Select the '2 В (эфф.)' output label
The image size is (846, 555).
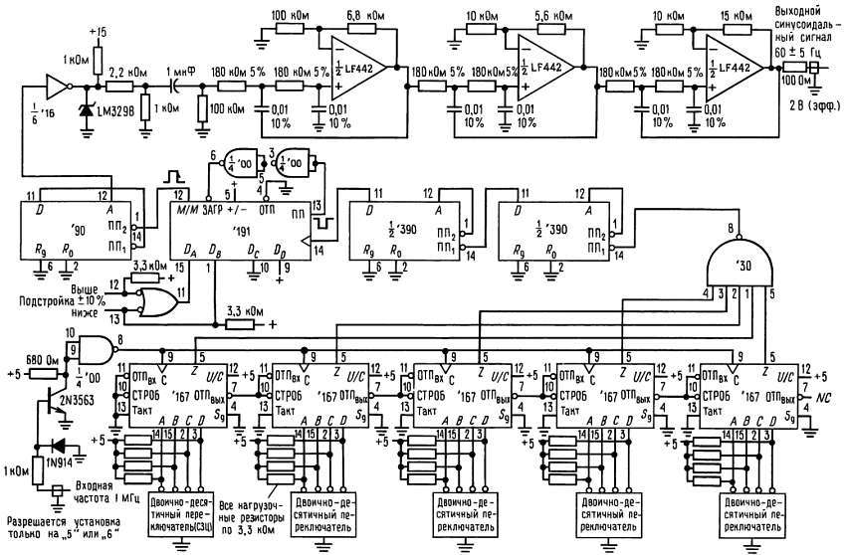coord(805,103)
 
